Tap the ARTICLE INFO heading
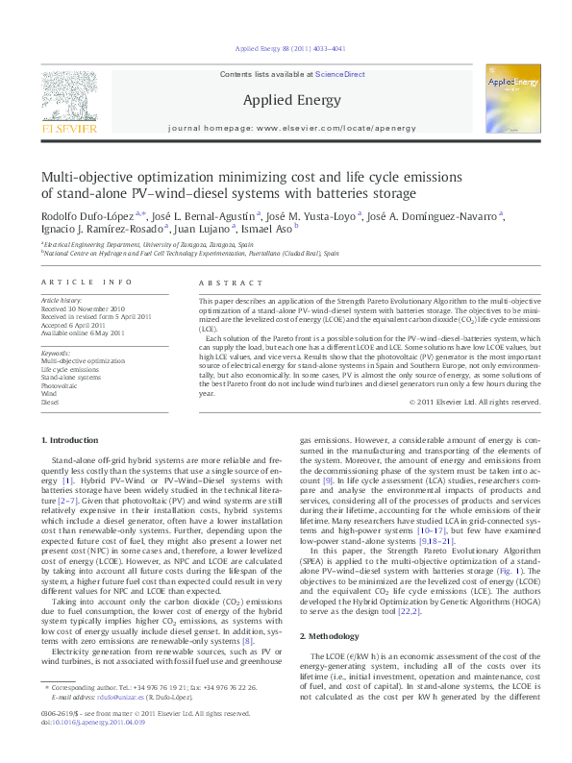point(87,282)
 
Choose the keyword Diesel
point(49,402)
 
